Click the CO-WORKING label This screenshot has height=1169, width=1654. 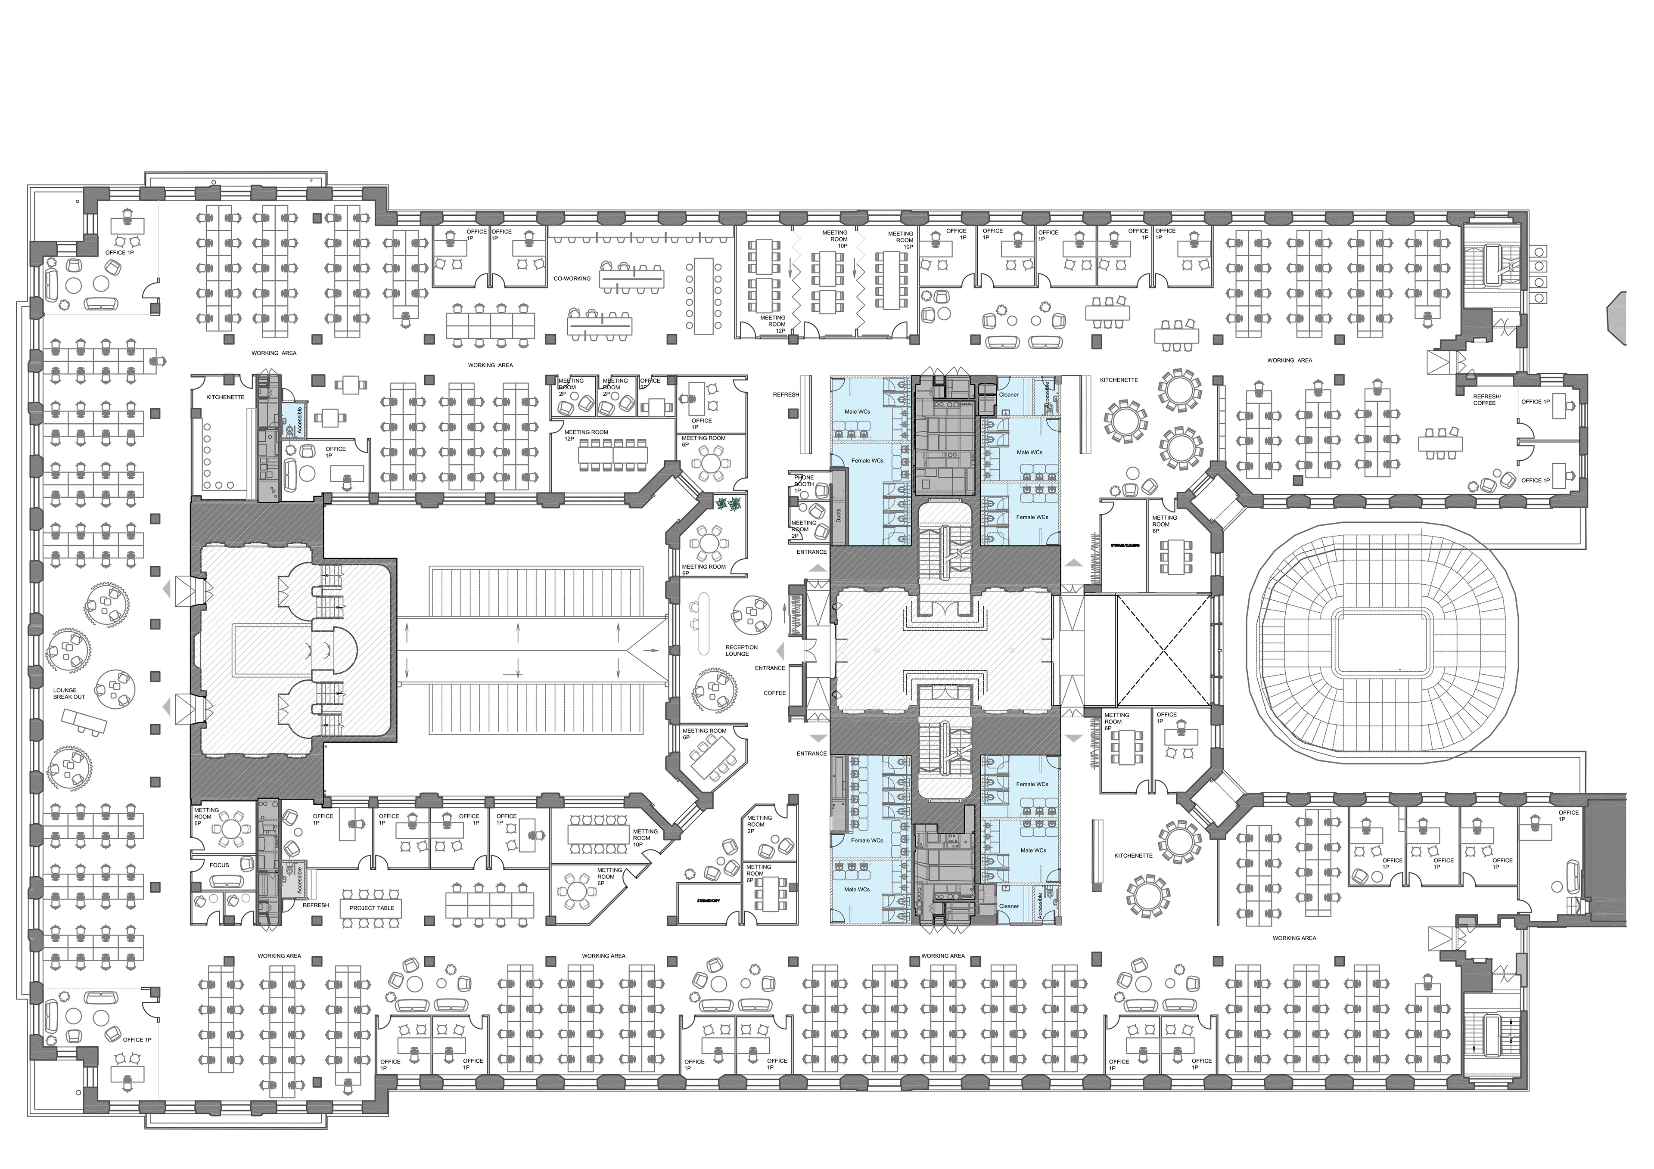[572, 279]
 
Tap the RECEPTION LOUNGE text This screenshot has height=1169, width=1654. [741, 651]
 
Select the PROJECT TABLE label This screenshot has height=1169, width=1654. [372, 908]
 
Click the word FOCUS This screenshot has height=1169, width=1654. [219, 865]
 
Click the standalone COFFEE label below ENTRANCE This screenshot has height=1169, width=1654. [774, 693]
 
